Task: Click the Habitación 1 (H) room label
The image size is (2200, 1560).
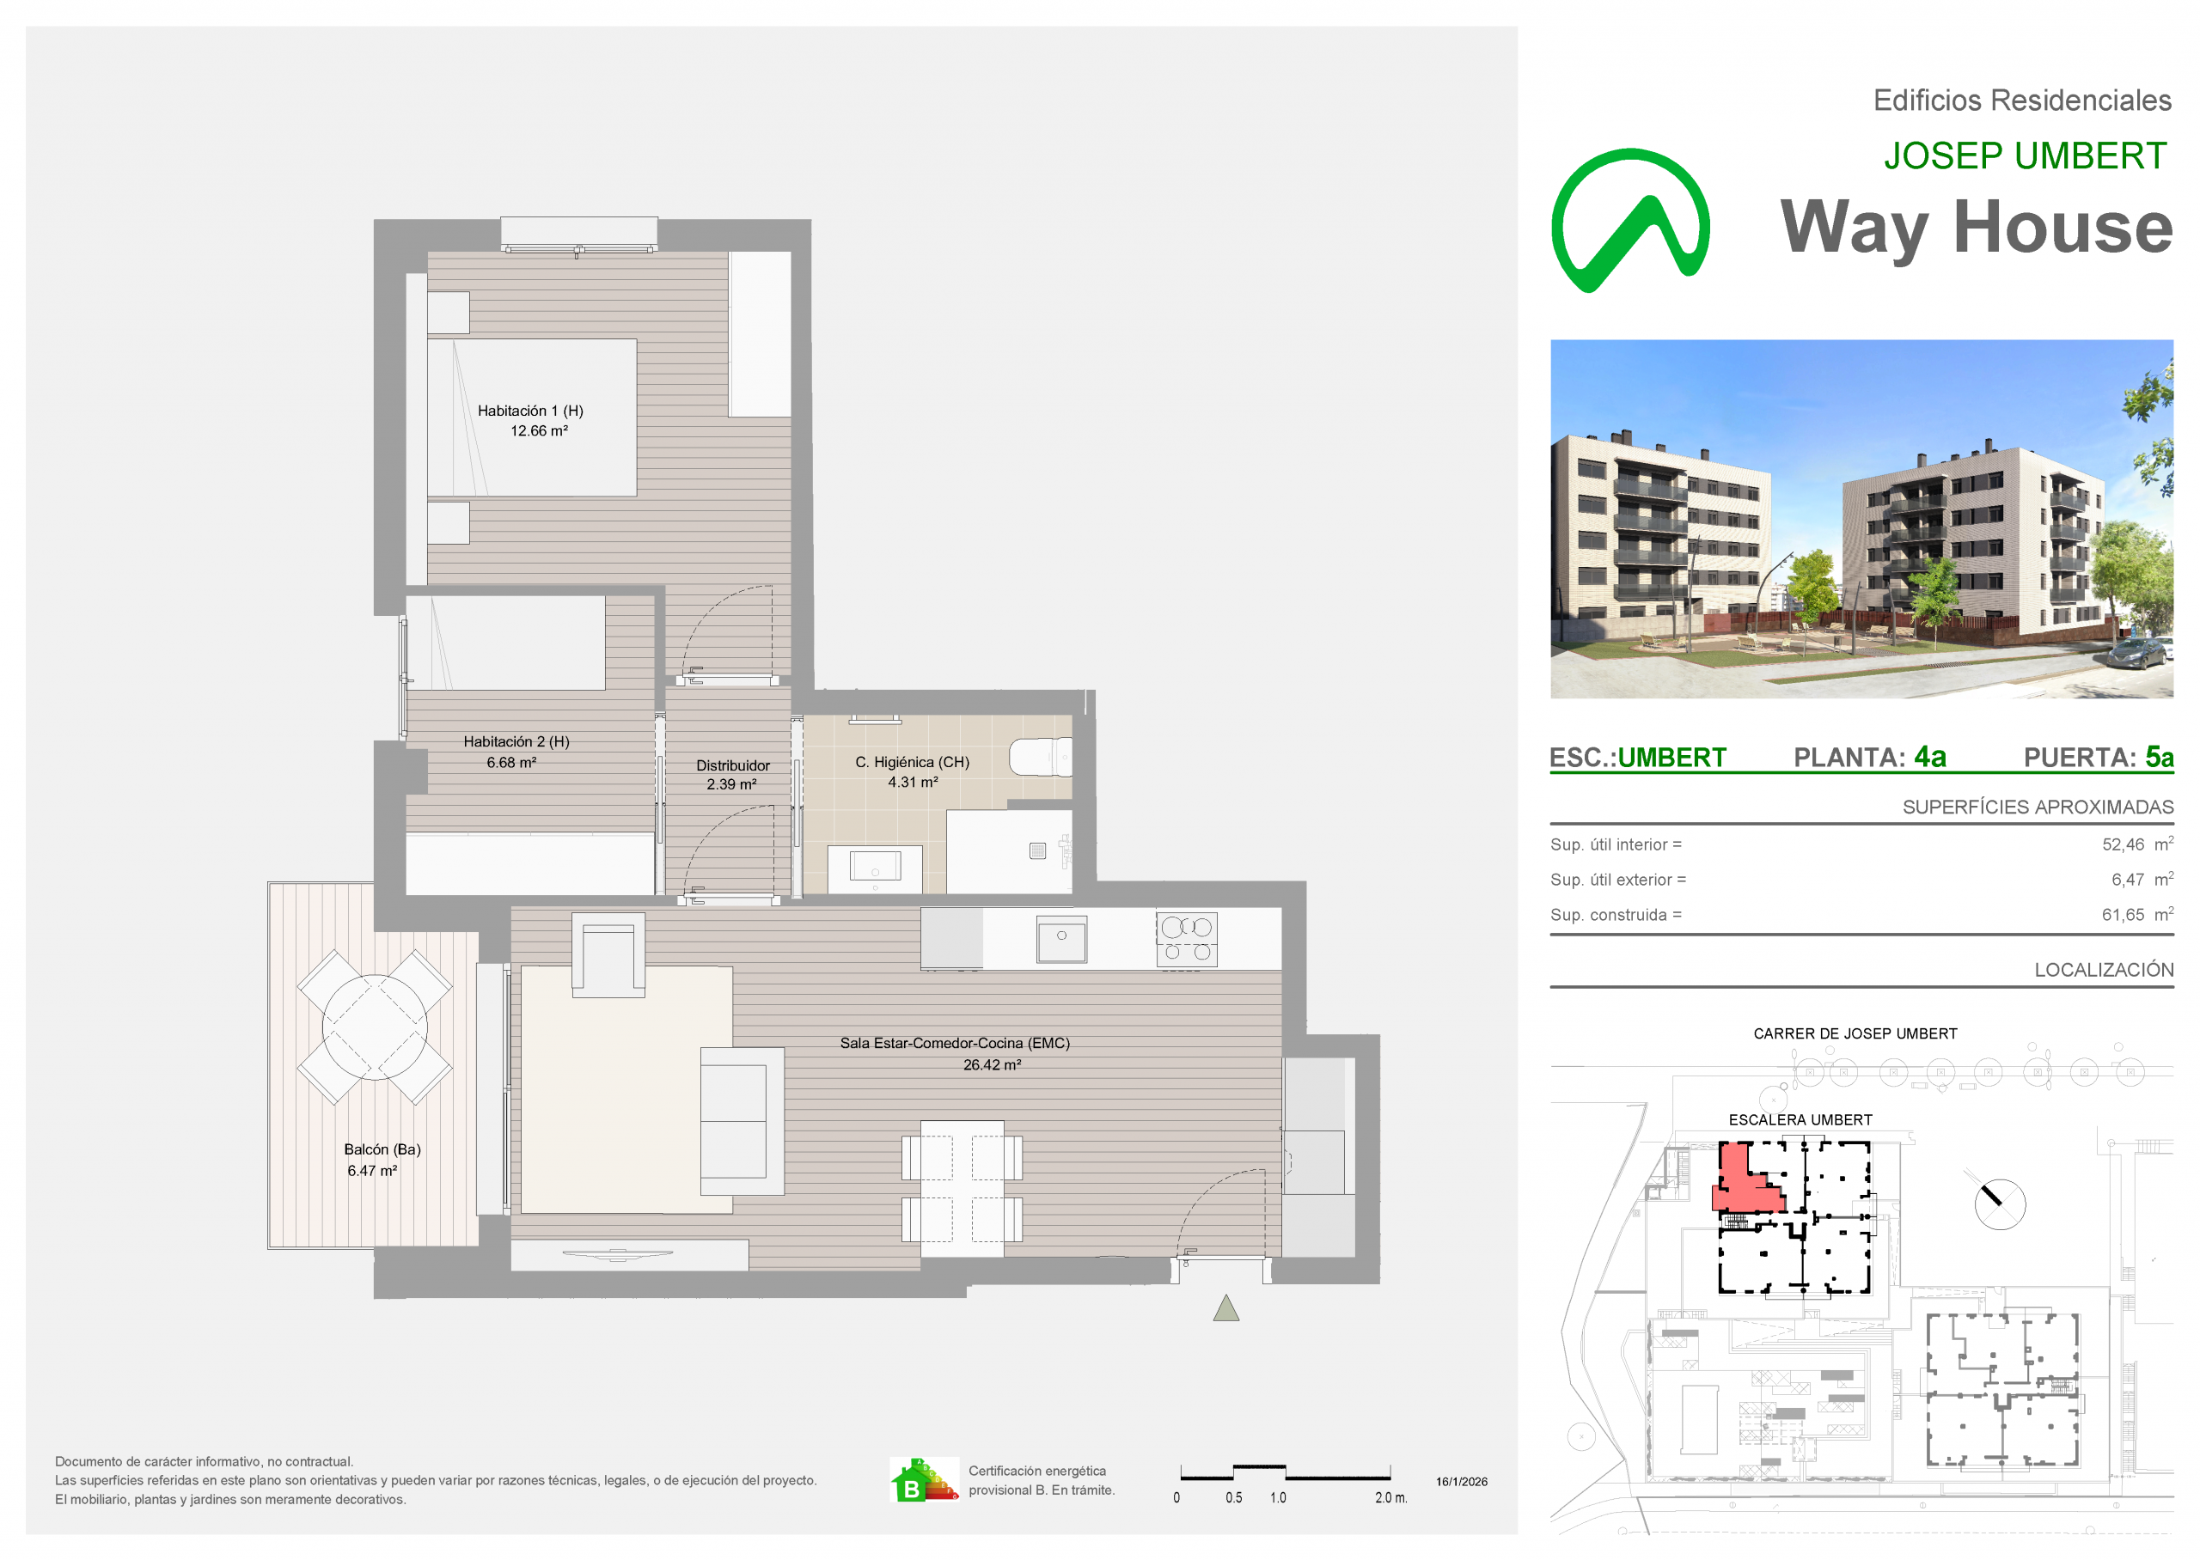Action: tap(530, 410)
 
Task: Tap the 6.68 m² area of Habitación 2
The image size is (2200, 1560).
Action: tap(511, 763)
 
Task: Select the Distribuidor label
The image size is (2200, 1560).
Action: tap(733, 765)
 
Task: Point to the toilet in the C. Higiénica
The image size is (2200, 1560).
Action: tap(1040, 757)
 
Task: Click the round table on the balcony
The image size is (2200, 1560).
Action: tap(375, 1027)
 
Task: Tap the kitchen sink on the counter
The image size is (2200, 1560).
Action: tap(1061, 939)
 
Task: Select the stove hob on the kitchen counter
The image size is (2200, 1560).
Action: tap(1187, 940)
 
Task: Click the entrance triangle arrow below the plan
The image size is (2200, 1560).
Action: tap(1225, 1308)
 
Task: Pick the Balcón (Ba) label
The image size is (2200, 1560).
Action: tap(382, 1150)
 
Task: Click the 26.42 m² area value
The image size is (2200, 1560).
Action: tap(993, 1065)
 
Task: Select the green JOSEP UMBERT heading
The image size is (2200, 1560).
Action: tap(2026, 155)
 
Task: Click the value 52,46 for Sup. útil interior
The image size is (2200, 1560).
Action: tap(2124, 845)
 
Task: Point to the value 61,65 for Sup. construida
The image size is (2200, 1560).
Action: tap(2124, 916)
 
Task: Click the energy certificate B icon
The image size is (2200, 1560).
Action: tap(924, 1480)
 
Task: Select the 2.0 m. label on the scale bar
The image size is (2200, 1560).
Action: tap(1391, 1498)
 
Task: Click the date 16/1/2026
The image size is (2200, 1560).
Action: tap(1462, 1482)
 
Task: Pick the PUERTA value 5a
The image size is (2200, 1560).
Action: tap(2160, 757)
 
